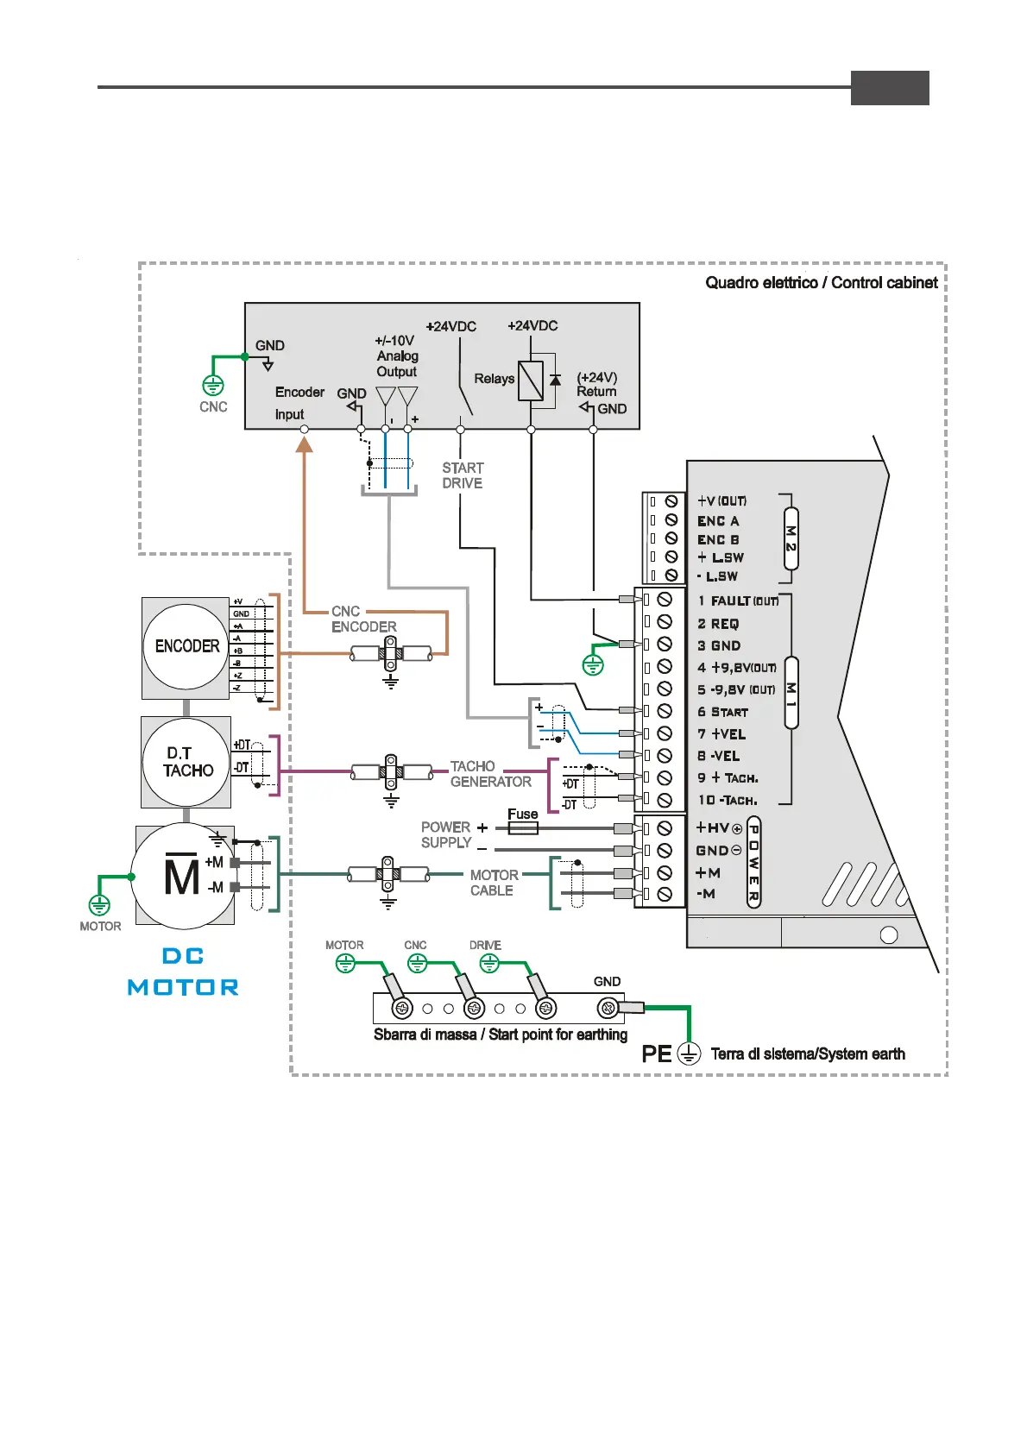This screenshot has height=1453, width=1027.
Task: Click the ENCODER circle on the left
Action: (x=186, y=646)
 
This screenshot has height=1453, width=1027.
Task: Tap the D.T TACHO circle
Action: (x=186, y=762)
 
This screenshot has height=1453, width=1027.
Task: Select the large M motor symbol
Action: (x=181, y=877)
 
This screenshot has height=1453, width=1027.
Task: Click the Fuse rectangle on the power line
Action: (x=522, y=827)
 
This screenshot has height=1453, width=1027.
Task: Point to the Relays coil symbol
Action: (x=531, y=380)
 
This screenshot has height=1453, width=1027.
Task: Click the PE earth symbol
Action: (x=689, y=1054)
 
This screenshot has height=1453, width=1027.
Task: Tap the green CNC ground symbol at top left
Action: (x=212, y=385)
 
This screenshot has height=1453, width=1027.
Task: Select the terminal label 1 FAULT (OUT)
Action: (x=738, y=601)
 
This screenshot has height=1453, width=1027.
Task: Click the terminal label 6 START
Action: (x=723, y=712)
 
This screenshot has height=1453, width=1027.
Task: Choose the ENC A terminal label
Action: (x=718, y=521)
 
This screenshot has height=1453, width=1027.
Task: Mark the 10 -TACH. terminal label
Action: (x=728, y=800)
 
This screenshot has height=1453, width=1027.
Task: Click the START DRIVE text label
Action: (x=463, y=475)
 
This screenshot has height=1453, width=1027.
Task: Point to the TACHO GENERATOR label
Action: (x=490, y=774)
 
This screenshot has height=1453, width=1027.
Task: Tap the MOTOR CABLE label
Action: (x=494, y=883)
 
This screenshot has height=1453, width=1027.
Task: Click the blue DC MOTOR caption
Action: (x=183, y=972)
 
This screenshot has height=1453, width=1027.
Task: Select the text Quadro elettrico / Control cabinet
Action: (x=821, y=283)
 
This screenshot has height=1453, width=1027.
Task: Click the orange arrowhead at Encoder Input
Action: (x=304, y=444)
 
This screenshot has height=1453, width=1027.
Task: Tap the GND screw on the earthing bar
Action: (x=608, y=1007)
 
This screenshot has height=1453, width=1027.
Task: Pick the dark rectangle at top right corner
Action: (x=890, y=88)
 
